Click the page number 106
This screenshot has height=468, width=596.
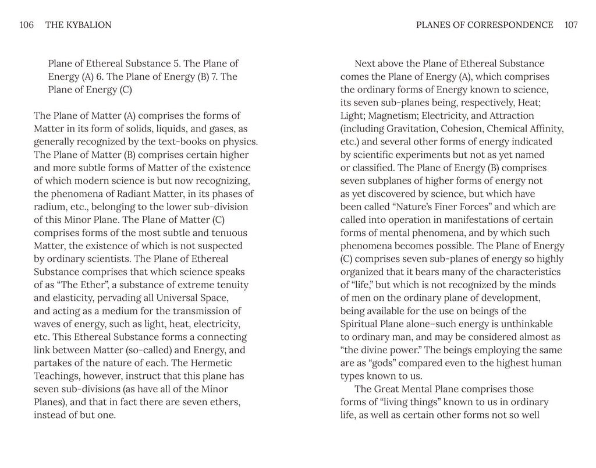(x=27, y=25)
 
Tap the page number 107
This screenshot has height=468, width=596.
(x=570, y=25)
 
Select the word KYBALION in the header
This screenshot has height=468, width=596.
(x=87, y=25)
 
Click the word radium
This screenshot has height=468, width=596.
(x=49, y=207)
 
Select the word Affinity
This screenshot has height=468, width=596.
(x=543, y=129)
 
